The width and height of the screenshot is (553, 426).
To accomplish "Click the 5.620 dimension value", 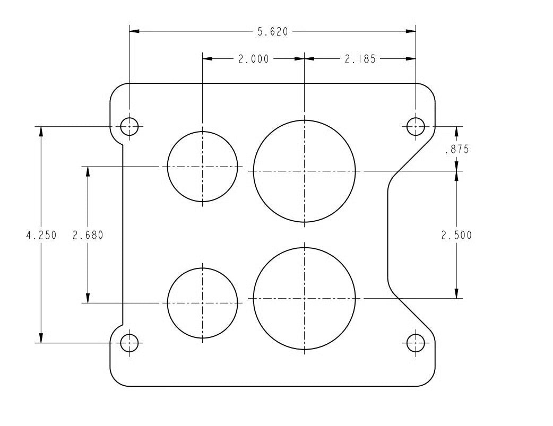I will (x=272, y=32).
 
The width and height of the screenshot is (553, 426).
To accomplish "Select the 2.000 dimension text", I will (x=253, y=59).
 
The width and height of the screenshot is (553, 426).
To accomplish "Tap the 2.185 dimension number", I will (x=360, y=59).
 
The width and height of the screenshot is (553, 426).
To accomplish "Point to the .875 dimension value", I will (x=456, y=150).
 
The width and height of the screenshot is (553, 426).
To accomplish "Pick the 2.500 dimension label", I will (x=456, y=235).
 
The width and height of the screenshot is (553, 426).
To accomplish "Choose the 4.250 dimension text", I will (x=41, y=235).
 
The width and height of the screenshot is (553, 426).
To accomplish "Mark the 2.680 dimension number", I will (x=88, y=235).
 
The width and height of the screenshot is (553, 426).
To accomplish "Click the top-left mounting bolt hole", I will (x=129, y=126).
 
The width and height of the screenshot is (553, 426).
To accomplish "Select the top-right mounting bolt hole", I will (x=416, y=126).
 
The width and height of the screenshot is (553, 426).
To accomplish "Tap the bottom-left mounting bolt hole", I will (x=129, y=343).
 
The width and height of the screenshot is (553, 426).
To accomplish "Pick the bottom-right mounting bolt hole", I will (x=416, y=343).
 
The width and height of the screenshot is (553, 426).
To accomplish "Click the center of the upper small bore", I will (x=202, y=167).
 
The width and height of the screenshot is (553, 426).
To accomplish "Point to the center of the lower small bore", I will (x=202, y=303).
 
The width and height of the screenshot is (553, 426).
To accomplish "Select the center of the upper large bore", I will (x=304, y=171).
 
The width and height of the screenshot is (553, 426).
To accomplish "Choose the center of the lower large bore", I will (x=304, y=299).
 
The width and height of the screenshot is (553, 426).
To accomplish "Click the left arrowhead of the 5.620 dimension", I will (x=134, y=32).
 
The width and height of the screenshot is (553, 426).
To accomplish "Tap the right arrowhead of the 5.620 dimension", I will (x=411, y=32).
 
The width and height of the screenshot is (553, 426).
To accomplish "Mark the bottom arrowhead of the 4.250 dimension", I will (x=41, y=338).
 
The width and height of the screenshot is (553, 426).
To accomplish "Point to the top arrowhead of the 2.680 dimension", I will (x=88, y=171).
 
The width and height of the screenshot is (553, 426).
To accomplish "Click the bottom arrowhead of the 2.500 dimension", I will (x=456, y=294).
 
